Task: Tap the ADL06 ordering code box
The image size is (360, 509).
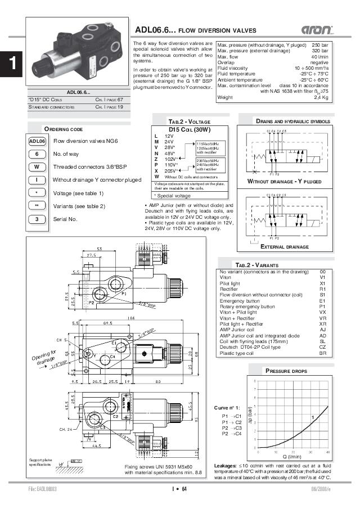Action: (x=37, y=141)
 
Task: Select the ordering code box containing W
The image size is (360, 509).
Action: (x=37, y=167)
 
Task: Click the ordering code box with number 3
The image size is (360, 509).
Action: (x=37, y=219)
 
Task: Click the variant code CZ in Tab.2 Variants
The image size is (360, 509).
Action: (x=322, y=348)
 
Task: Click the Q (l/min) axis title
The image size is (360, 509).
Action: (x=292, y=457)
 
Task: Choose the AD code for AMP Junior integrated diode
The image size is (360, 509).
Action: (x=322, y=336)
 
